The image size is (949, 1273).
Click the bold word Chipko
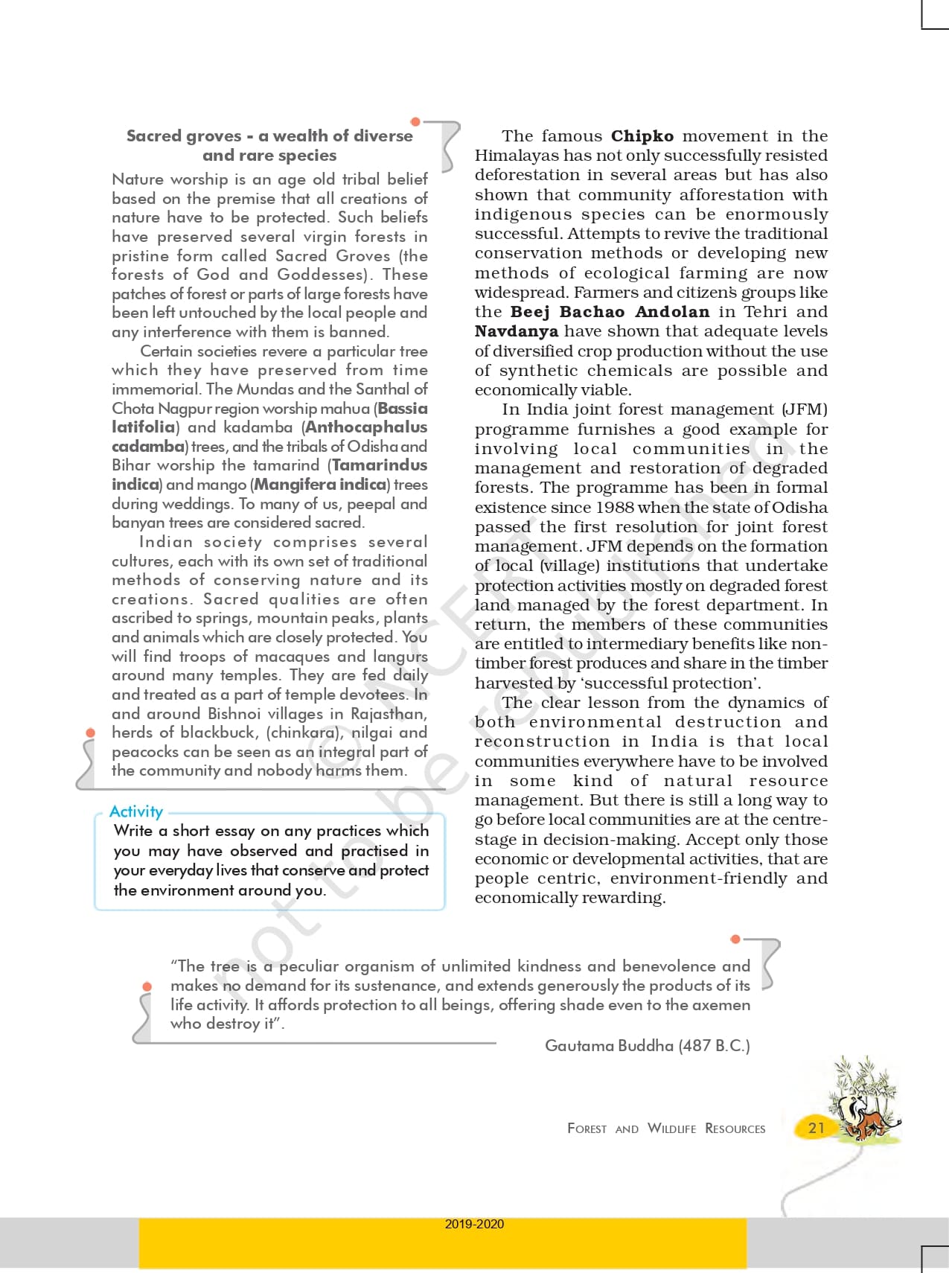pyautogui.click(x=642, y=136)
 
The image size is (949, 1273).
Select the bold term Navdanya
pyautogui.click(x=516, y=331)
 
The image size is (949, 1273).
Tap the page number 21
pyautogui.click(x=817, y=1128)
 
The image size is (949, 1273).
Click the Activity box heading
pyautogui.click(x=136, y=811)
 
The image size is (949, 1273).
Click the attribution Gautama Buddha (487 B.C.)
pyautogui.click(x=647, y=1046)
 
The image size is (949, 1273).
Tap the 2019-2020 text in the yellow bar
pyautogui.click(x=474, y=1225)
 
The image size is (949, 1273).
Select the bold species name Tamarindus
pyautogui.click(x=380, y=465)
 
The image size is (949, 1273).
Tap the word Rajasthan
pyautogui.click(x=389, y=714)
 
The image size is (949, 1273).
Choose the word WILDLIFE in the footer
pyautogui.click(x=671, y=1129)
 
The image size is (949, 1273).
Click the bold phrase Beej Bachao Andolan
pyautogui.click(x=610, y=312)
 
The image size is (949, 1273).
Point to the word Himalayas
pyautogui.click(x=512, y=156)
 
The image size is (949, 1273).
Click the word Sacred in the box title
pyautogui.click(x=152, y=136)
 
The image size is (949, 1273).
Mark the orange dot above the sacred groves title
pyautogui.click(x=415, y=121)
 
